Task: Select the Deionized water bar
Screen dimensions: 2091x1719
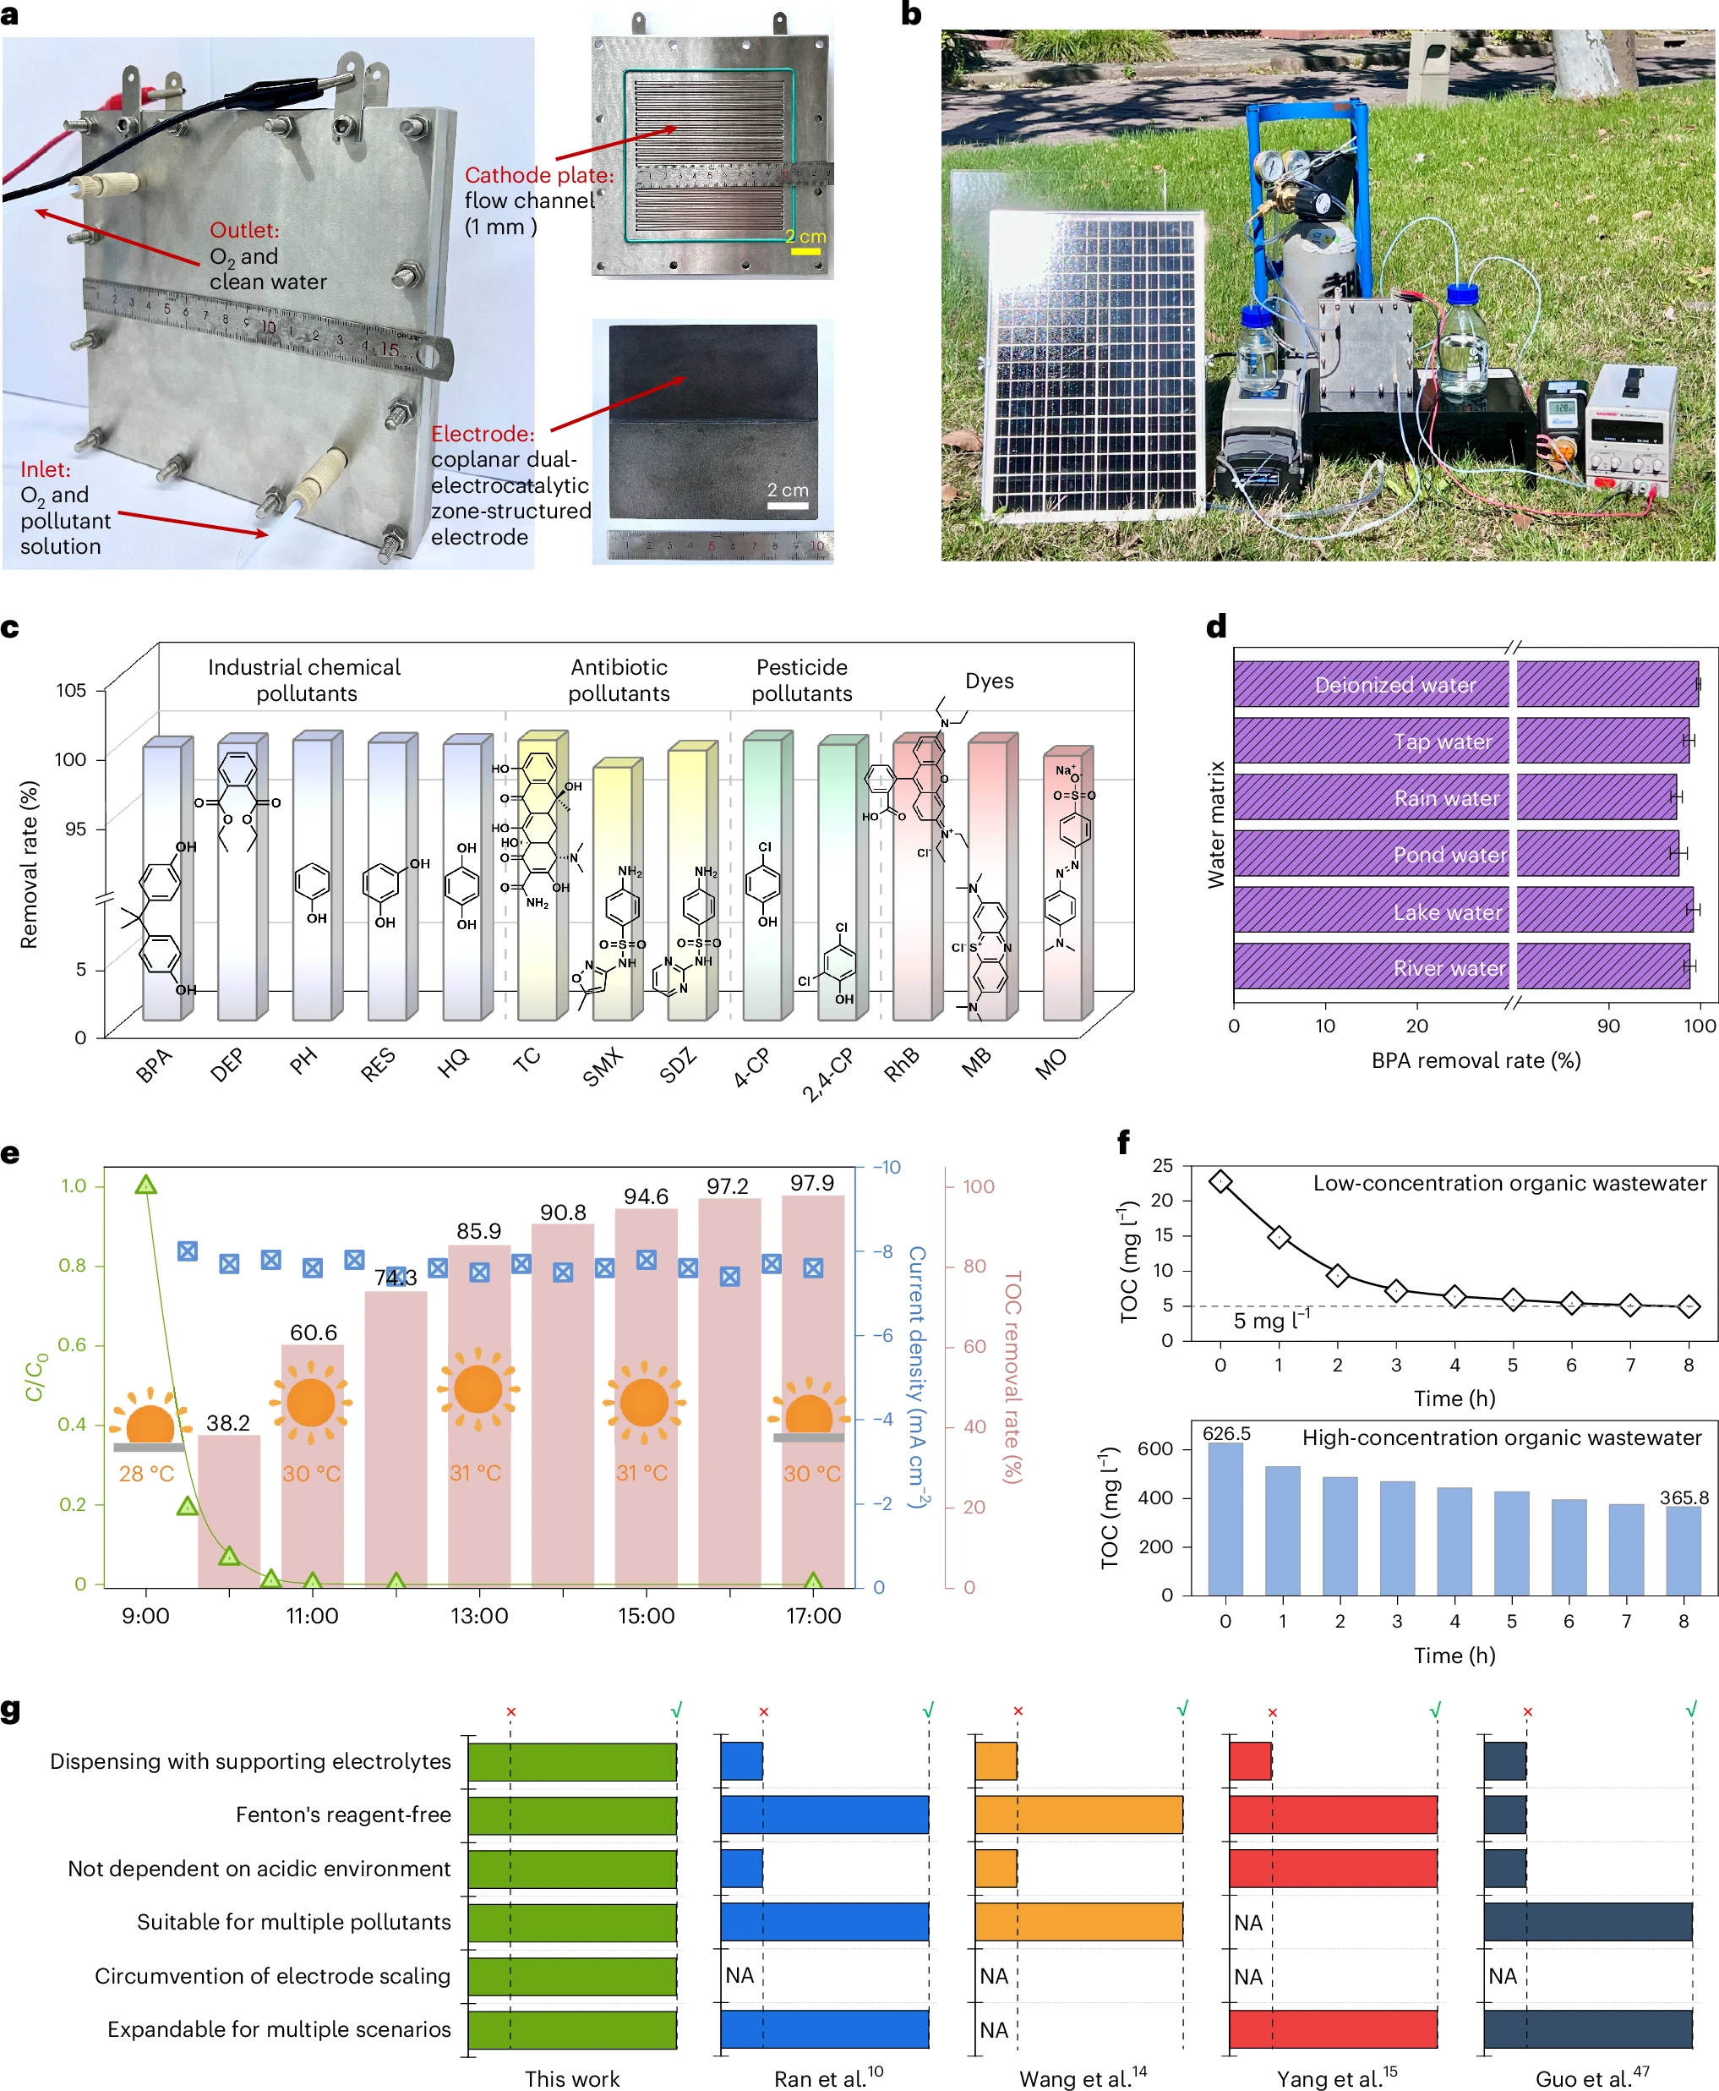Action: (1465, 684)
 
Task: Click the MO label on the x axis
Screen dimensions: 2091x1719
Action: (1050, 1064)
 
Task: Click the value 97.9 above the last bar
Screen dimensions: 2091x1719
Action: (811, 1183)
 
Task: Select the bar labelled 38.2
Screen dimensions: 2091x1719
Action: (229, 1511)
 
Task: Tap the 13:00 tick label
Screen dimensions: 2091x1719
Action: (479, 1617)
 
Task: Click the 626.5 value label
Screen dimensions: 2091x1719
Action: (1226, 1433)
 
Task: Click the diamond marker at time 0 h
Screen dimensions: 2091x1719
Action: (1221, 1182)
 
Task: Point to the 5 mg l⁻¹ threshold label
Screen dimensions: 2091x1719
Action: (1270, 1321)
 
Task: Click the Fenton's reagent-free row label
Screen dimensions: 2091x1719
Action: (342, 1815)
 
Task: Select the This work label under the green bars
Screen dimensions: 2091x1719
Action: (571, 2078)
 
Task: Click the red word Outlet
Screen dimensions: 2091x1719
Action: (243, 230)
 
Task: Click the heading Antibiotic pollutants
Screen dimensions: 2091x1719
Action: (619, 680)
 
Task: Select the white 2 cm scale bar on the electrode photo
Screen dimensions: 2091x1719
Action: (787, 506)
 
